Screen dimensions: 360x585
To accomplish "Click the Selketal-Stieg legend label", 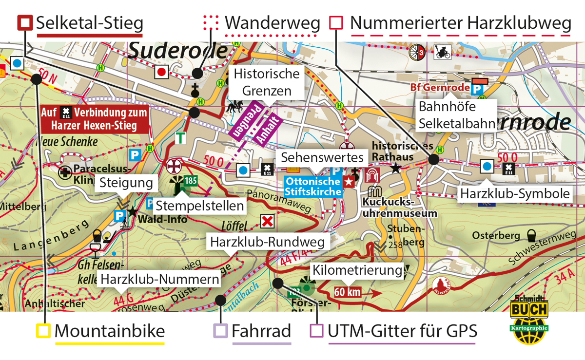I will [x=89, y=23].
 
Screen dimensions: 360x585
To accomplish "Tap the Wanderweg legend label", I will [x=272, y=23].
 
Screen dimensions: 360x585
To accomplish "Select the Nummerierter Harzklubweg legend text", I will [x=460, y=23].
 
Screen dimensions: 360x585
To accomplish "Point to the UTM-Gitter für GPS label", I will [x=402, y=331].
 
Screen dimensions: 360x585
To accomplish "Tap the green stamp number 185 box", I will [x=191, y=181].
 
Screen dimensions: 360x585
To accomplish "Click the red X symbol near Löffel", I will [x=267, y=222].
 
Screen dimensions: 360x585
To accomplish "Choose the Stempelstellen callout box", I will [x=200, y=206].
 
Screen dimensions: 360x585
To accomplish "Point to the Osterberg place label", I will [x=496, y=236].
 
